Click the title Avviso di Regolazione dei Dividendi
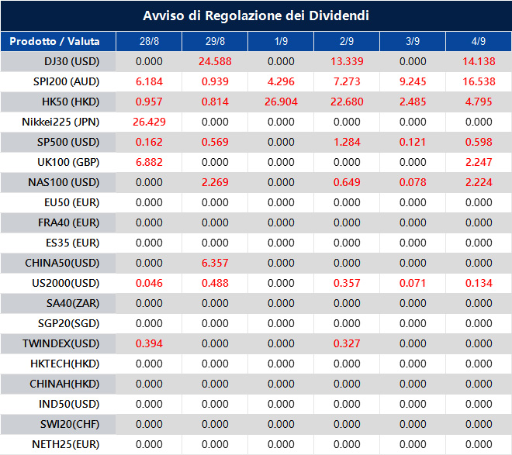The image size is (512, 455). [x=256, y=16]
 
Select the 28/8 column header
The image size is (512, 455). [x=149, y=41]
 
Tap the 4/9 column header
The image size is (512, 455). [x=478, y=41]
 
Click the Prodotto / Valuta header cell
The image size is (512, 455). [x=57, y=41]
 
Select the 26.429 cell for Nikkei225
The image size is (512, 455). [x=149, y=122]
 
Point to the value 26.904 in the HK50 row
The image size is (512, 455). [x=281, y=102]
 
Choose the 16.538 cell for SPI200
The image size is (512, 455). [x=478, y=81]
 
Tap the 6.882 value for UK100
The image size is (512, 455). [x=149, y=162]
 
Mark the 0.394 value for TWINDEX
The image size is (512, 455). [x=149, y=343]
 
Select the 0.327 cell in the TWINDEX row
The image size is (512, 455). [x=347, y=343]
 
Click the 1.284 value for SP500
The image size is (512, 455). [x=347, y=142]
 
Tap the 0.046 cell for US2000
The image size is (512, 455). [x=149, y=283]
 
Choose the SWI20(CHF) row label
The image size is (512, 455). [x=67, y=424]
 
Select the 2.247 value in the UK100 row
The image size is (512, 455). [x=478, y=162]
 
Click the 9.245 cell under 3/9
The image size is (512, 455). [x=413, y=81]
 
